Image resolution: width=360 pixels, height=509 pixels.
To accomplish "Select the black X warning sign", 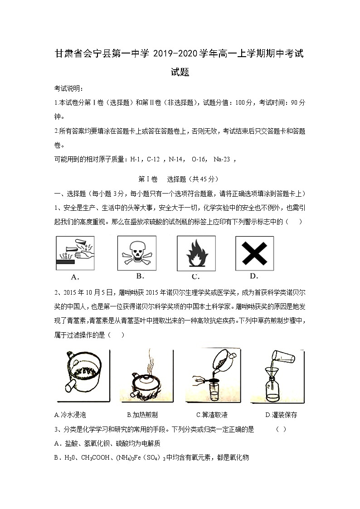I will point(254,253).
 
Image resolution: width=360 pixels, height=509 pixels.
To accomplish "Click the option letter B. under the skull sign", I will point(140,276).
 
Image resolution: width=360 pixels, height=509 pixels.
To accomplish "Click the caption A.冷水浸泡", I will point(70,415).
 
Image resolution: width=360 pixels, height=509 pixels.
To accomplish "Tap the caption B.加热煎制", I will point(142,415).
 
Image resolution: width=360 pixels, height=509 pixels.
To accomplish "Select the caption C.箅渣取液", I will point(212,415).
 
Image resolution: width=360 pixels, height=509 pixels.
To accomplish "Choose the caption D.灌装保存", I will point(281,415).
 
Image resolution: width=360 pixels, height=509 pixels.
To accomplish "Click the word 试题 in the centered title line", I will point(180,72).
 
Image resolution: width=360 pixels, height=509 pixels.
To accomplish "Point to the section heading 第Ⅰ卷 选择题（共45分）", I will point(179,179).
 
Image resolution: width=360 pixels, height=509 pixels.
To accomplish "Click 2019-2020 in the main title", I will point(175,54).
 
